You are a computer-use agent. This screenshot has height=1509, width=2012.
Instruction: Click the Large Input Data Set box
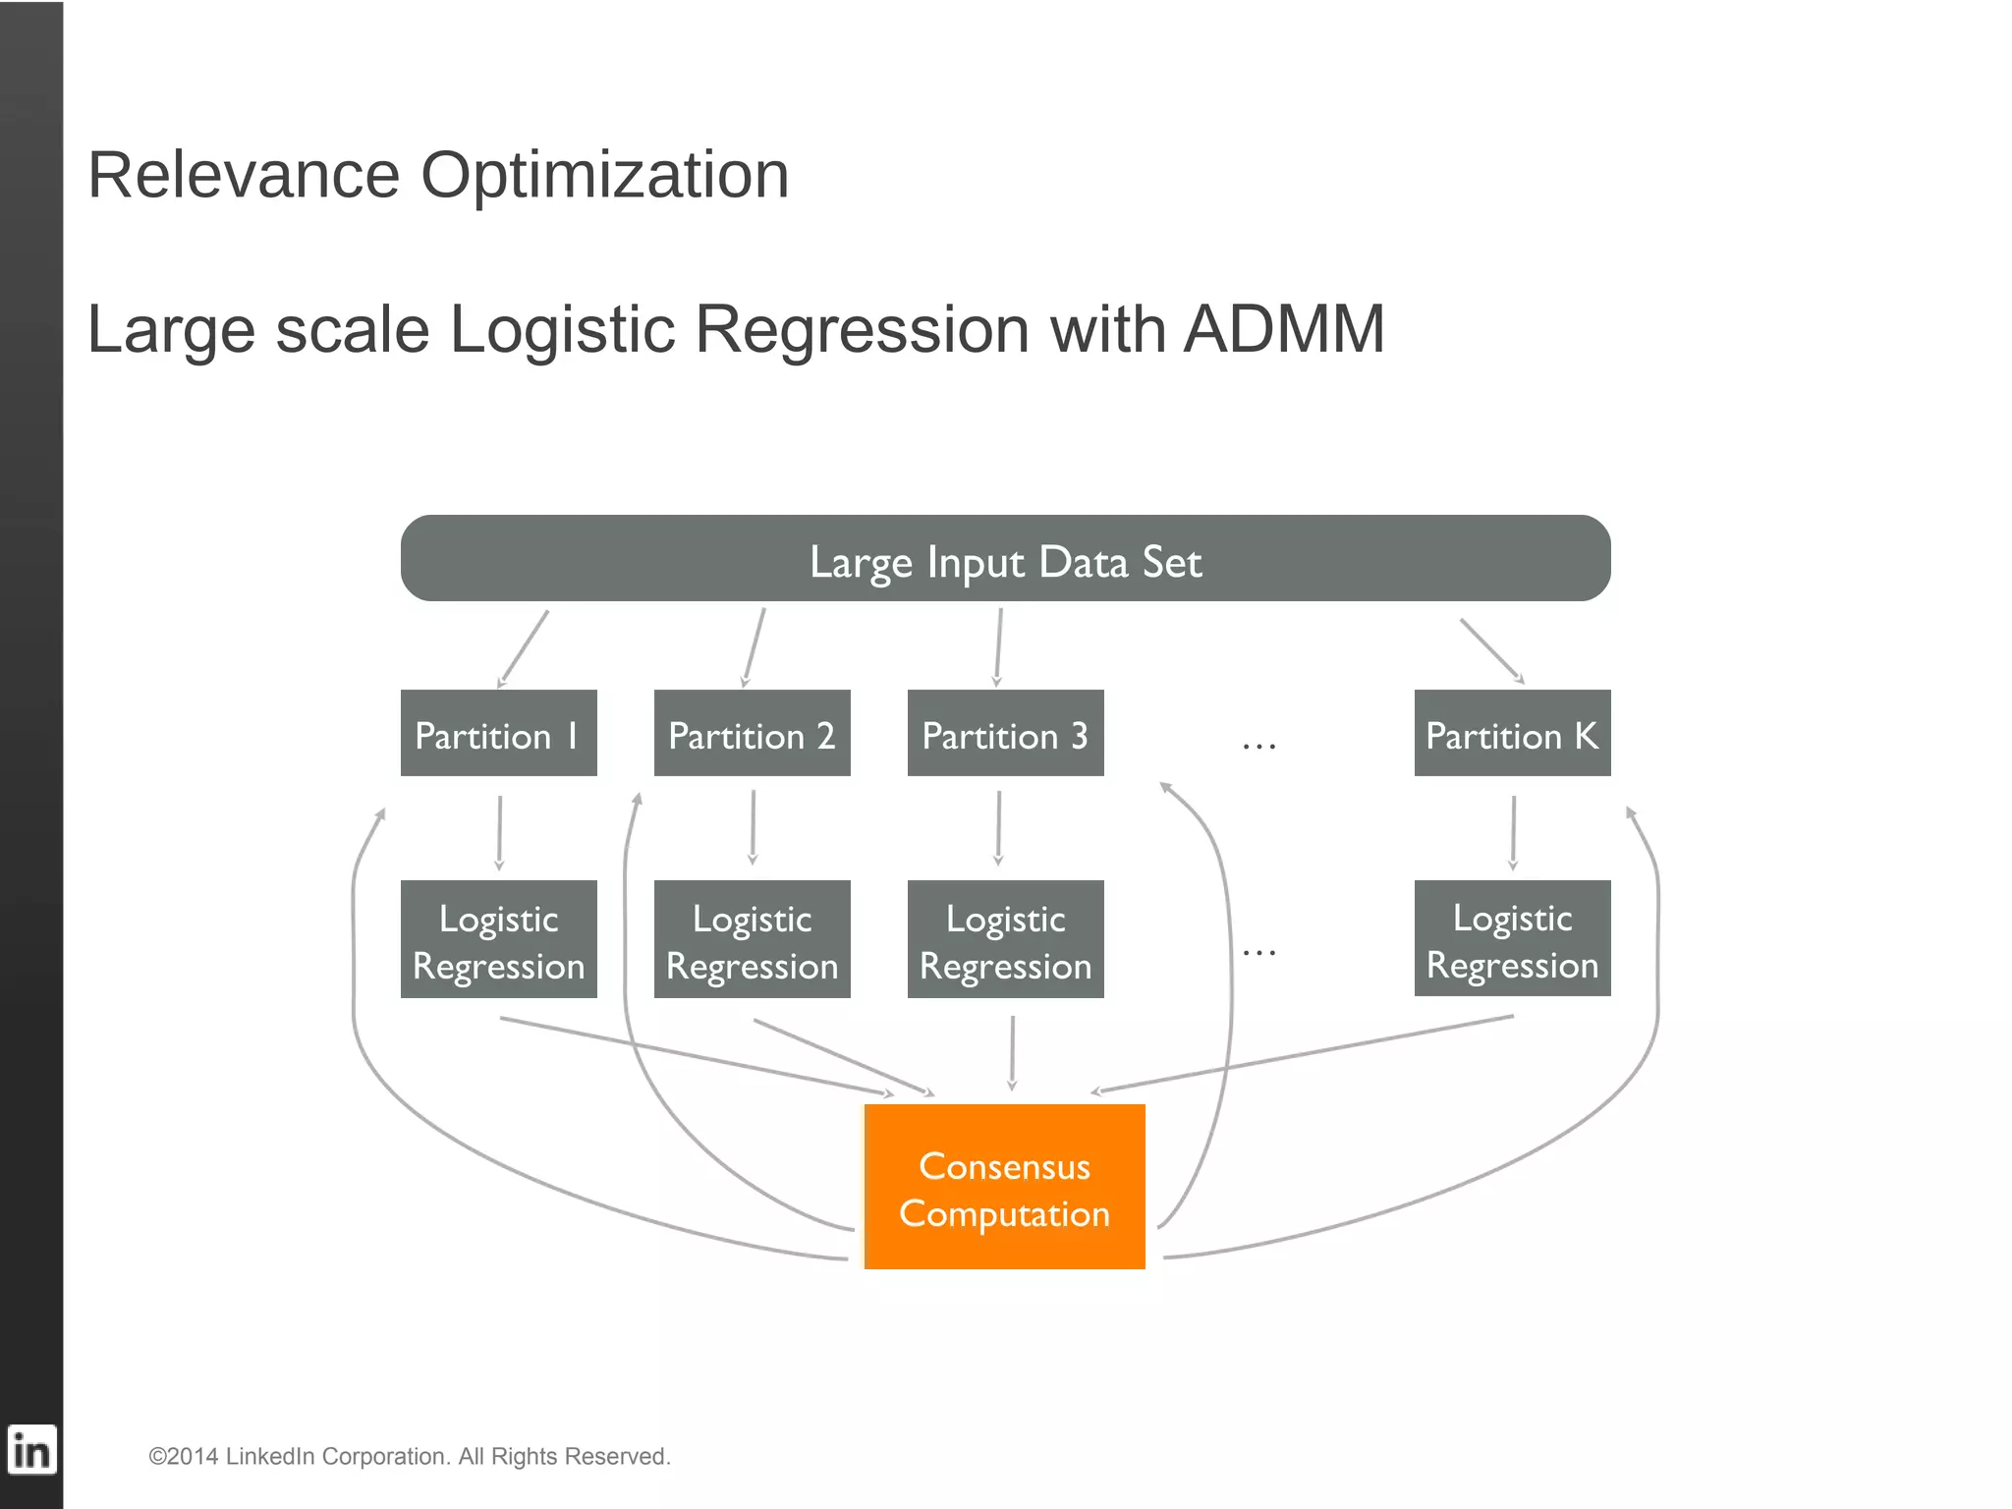(x=1005, y=558)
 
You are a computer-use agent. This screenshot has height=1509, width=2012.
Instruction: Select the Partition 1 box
(x=498, y=733)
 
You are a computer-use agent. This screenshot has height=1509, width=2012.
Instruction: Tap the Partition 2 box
(x=752, y=733)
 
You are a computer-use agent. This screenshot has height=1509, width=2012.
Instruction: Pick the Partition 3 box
(x=1005, y=733)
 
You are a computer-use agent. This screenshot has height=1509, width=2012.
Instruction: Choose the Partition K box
(x=1512, y=733)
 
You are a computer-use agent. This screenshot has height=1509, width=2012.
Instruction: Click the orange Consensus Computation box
(x=1004, y=1187)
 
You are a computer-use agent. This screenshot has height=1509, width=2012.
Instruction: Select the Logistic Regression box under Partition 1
(x=498, y=939)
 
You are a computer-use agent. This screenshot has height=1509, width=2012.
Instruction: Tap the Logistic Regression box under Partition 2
(x=752, y=939)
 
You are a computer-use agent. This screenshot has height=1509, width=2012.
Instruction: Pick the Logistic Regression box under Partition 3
(x=1005, y=939)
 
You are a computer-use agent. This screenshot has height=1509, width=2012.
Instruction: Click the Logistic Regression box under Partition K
(x=1512, y=938)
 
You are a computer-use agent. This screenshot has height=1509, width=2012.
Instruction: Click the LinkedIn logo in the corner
(x=31, y=1450)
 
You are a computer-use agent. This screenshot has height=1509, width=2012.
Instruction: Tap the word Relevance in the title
(x=244, y=176)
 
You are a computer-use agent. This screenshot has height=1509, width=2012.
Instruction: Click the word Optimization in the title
(x=604, y=176)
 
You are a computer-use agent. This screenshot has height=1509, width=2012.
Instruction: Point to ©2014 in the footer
(x=183, y=1456)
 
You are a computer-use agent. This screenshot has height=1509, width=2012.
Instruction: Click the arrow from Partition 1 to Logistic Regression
(x=499, y=832)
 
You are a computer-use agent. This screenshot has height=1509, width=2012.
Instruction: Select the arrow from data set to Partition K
(x=1491, y=650)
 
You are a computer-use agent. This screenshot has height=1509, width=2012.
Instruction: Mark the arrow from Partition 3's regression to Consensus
(x=1012, y=1053)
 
